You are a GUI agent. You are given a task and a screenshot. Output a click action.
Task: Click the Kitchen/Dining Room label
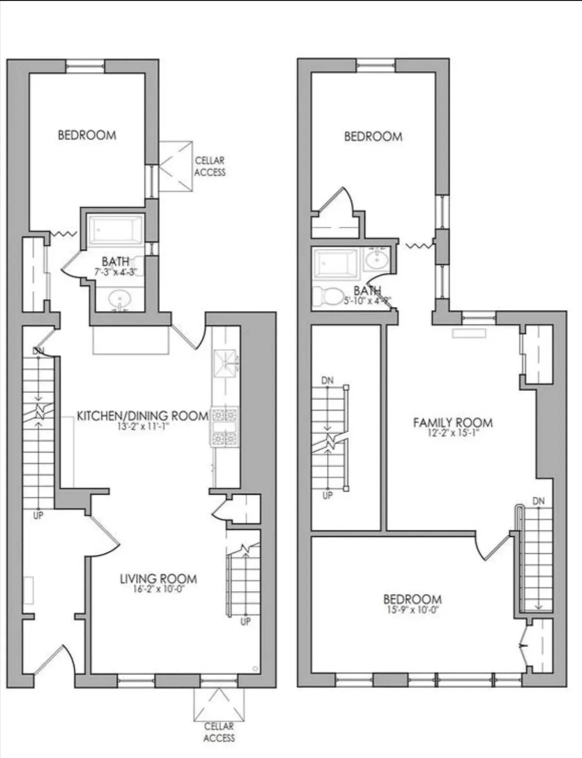[x=143, y=416]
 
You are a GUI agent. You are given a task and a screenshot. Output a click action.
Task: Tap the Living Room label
[x=158, y=579]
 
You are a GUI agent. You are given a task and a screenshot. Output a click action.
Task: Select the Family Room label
[x=452, y=422]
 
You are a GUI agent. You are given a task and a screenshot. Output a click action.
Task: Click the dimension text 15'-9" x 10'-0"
[x=412, y=610]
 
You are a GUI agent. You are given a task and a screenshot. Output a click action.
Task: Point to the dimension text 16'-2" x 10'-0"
[x=158, y=589]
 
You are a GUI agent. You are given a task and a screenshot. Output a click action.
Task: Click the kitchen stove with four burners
[x=224, y=427]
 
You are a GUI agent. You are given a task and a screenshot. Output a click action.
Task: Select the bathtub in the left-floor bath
[x=116, y=230]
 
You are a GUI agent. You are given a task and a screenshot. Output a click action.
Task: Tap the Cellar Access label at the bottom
[x=219, y=732]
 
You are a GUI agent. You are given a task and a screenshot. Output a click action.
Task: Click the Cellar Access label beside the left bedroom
[x=210, y=166]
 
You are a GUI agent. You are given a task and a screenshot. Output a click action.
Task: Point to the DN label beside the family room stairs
[x=539, y=501]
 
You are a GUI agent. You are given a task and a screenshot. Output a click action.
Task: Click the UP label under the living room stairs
[x=245, y=621]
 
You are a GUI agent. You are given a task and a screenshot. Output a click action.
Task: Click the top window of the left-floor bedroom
[x=85, y=66]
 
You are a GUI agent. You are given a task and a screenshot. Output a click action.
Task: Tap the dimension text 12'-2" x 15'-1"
[x=452, y=433]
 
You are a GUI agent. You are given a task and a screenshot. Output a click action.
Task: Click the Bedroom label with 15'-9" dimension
[x=412, y=599]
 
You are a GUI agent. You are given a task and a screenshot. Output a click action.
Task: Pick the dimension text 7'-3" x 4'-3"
[x=116, y=272]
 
